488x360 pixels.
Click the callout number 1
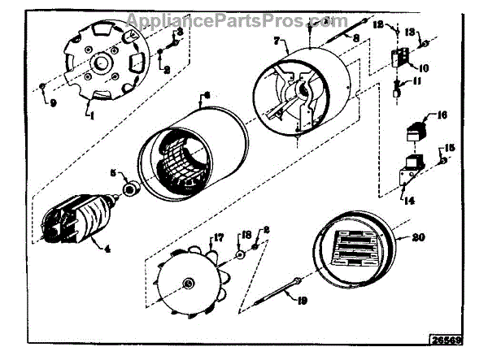tap(91, 117)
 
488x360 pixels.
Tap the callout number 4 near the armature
tap(107, 248)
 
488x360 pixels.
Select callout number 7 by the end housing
tap(277, 40)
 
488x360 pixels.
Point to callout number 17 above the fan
tap(219, 238)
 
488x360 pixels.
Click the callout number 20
tap(417, 238)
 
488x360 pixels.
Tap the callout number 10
tap(425, 67)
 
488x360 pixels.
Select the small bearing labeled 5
tap(128, 190)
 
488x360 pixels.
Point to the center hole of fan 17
tap(189, 282)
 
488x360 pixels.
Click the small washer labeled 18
tap(241, 254)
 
